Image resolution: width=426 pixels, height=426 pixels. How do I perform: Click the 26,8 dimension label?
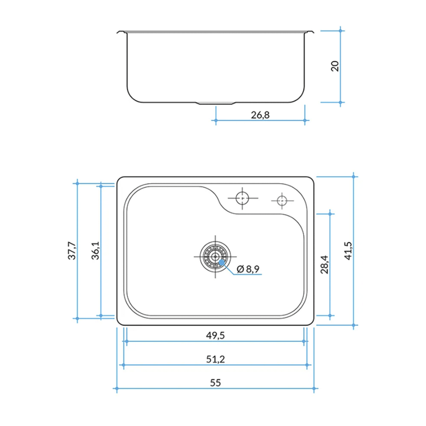pos(260,115)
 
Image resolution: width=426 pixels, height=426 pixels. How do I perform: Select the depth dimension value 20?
pos(335,66)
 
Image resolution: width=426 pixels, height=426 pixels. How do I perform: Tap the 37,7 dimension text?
pos(72,250)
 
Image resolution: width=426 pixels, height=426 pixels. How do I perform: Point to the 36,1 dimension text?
pos(96,250)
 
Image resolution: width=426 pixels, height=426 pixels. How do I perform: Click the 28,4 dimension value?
pos(325,264)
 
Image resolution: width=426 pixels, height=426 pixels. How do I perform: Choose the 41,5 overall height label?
pos(348,251)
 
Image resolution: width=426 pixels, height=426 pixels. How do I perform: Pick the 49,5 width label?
pos(215,335)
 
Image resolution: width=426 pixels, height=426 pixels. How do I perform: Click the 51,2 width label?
pos(215,359)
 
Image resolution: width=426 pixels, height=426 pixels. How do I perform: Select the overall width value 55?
pos(215,383)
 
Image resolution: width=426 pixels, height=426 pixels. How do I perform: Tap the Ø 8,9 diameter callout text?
pos(248,269)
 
